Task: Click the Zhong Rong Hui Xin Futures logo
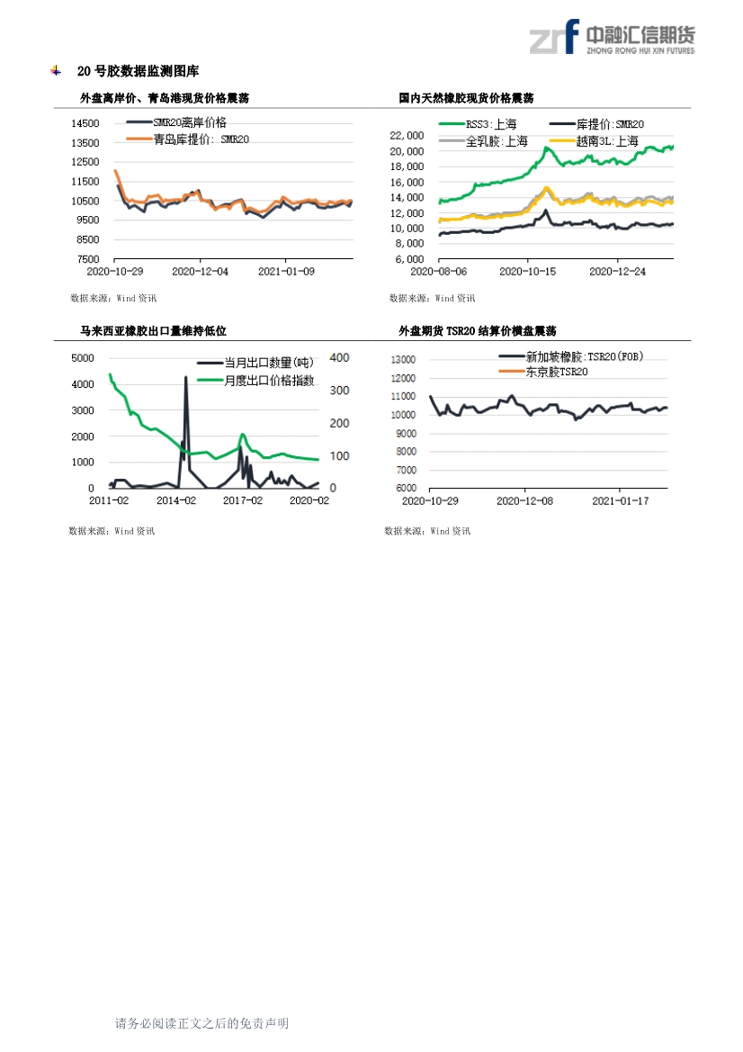coord(611,38)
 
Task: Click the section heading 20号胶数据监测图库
coord(138,71)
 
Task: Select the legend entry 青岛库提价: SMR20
coord(201,139)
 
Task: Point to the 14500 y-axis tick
coord(86,123)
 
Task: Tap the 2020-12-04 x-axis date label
coord(200,270)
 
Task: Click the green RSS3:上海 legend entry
coord(486,125)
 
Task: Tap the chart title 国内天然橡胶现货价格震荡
coord(466,98)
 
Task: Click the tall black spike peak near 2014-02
coord(186,378)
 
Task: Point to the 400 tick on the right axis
coord(339,358)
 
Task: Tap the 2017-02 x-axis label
coord(243,500)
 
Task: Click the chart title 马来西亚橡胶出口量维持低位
coord(153,331)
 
